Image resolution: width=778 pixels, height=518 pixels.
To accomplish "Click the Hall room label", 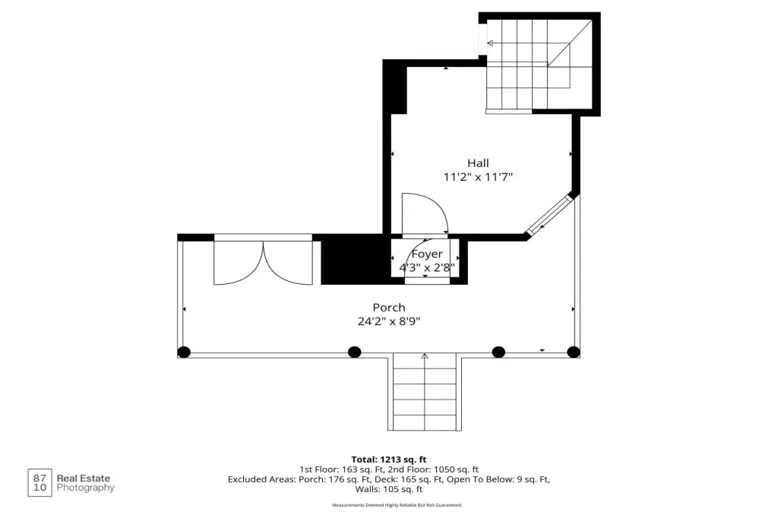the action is point(478,163).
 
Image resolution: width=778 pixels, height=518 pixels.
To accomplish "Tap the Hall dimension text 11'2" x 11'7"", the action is point(478,177).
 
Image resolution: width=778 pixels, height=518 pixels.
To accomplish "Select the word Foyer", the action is point(427,254).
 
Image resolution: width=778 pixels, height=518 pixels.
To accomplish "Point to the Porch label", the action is point(389,307).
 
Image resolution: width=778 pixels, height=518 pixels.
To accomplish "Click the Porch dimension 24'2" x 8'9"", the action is point(389,321).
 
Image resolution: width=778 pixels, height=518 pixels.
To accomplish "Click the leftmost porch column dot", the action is point(184,352).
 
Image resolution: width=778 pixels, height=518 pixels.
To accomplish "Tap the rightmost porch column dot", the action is point(574,352).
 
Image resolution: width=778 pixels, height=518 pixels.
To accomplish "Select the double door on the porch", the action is point(263,262).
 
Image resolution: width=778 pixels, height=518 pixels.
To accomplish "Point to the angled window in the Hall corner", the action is point(549,216).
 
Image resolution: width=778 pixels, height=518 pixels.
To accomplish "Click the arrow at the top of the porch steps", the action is point(425,355).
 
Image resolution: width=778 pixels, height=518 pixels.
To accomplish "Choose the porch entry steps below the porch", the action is point(425,392).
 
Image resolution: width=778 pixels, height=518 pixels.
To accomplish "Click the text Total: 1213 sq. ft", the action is point(388,460).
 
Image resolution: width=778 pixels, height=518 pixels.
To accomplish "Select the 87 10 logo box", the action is point(40,483).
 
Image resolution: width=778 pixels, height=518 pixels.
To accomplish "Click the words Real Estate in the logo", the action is point(84,479).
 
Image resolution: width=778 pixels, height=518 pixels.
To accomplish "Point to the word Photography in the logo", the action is point(85,488).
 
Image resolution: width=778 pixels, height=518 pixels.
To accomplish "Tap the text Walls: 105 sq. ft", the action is point(388,489).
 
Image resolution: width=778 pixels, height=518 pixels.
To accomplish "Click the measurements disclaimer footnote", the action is point(397,505).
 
